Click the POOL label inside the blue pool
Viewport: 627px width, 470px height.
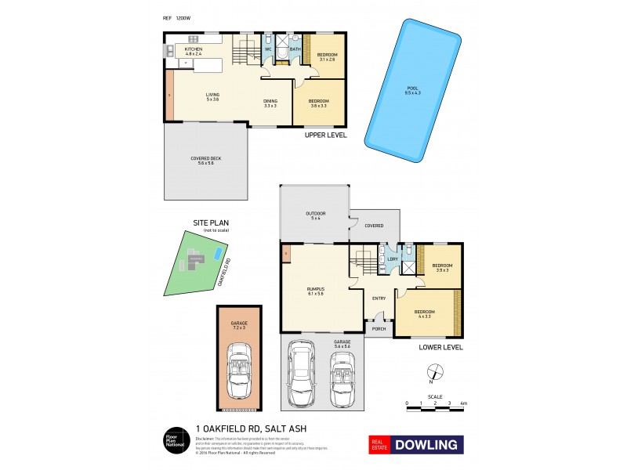point(412,89)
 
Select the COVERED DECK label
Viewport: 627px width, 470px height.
point(206,161)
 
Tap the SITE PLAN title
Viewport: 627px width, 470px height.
point(210,223)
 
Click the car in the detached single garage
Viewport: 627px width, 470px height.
point(240,371)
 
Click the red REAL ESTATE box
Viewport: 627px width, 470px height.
point(381,445)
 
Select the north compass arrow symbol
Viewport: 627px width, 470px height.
point(431,374)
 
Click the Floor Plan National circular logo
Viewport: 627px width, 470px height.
point(172,440)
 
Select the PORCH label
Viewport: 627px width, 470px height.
point(379,328)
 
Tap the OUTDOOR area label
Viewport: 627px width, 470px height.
point(316,215)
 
